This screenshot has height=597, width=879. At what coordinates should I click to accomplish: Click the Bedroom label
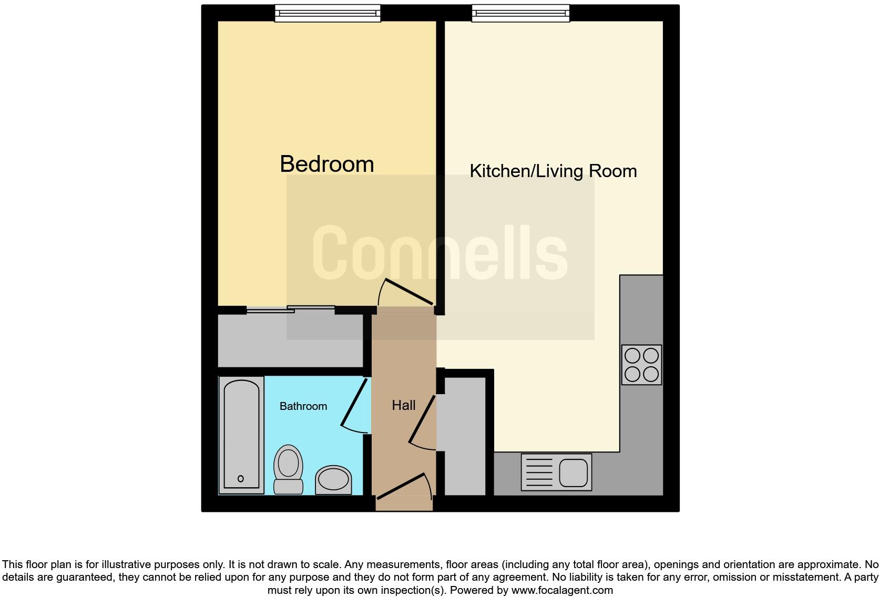click(x=326, y=164)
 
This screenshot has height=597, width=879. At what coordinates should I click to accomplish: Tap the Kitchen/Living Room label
click(x=553, y=171)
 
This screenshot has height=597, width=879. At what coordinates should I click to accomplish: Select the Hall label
click(x=403, y=405)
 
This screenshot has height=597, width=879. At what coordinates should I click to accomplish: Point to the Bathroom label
click(x=303, y=406)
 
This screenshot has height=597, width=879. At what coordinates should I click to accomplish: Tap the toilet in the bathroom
click(x=288, y=469)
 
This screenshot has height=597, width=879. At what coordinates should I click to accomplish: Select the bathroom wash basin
click(x=333, y=479)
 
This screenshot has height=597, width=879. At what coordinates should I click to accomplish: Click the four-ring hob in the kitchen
click(x=641, y=365)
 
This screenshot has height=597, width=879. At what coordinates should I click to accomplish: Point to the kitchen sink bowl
click(x=573, y=472)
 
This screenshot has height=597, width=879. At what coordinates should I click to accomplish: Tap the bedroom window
click(x=328, y=13)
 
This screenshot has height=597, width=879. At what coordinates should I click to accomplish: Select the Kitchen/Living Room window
click(x=520, y=13)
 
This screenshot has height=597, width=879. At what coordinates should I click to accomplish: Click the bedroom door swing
click(x=406, y=292)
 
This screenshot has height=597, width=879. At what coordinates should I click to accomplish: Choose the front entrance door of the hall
click(x=402, y=486)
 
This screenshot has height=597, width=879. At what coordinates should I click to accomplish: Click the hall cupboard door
click(x=422, y=420)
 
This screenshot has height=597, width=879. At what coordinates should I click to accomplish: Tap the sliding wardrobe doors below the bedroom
click(x=291, y=309)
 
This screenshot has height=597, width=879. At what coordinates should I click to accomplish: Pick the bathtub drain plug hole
click(x=241, y=479)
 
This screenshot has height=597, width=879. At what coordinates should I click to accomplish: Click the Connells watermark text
click(x=439, y=253)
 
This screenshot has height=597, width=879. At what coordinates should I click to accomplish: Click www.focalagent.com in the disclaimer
click(x=562, y=590)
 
